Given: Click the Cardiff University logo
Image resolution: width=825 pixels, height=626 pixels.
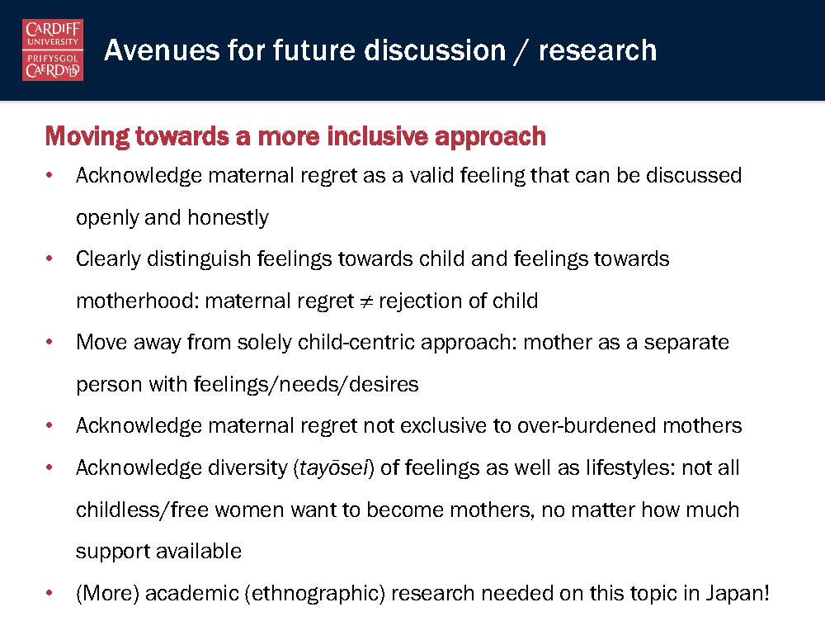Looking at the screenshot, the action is tap(53, 50).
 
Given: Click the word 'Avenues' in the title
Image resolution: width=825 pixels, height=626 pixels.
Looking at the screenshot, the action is tap(162, 50).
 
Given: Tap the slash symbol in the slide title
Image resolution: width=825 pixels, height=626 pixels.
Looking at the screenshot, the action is tap(522, 52).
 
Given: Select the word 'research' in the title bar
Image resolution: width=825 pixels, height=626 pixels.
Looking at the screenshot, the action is tap(597, 51).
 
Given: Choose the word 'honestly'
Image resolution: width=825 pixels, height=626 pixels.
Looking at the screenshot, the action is tap(228, 217).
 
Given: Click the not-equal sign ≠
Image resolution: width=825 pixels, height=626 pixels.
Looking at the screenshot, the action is tap(366, 301).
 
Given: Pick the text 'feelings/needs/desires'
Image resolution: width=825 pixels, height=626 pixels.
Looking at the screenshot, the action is tap(306, 384).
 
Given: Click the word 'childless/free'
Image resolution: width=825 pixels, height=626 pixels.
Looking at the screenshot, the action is tap(142, 510).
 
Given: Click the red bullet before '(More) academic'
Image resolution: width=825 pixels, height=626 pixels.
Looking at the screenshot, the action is tap(49, 593).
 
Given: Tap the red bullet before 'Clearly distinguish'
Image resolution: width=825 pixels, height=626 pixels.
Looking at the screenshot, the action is tap(49, 258).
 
